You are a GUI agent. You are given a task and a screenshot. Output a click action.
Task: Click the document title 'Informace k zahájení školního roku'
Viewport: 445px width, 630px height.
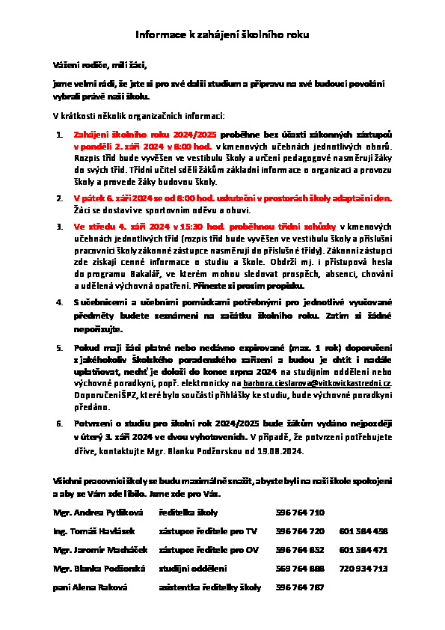(222, 34)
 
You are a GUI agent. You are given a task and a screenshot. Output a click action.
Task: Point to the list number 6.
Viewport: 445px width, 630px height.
(60, 423)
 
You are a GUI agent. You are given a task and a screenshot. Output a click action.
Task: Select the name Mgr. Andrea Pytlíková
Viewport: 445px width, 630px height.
(90, 513)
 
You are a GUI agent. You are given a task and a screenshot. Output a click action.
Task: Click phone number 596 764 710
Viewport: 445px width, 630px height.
(300, 513)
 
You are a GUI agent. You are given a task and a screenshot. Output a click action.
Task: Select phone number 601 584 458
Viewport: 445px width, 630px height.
(363, 531)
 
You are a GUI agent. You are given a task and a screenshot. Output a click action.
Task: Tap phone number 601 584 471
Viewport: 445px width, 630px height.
(363, 550)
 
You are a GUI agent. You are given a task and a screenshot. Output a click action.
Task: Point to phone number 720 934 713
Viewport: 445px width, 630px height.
(363, 569)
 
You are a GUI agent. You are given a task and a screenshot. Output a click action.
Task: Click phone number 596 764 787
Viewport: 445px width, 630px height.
(300, 587)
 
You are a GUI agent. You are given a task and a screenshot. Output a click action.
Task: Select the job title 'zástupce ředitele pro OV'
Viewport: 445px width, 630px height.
(209, 550)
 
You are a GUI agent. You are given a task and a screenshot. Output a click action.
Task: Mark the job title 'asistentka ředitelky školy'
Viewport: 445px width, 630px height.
(210, 587)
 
